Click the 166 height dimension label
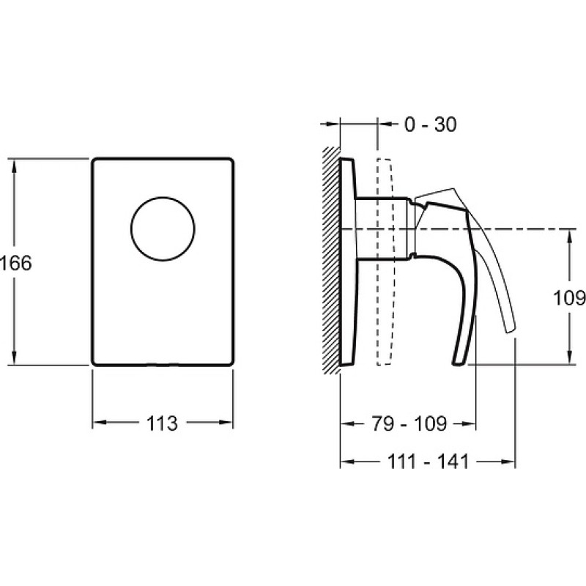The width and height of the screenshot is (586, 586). point(16,263)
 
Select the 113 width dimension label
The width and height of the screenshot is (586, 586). point(162,423)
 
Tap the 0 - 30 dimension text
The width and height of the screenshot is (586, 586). point(430,124)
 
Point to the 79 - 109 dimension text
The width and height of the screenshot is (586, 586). point(409,423)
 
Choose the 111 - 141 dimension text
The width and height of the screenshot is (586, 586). point(428,461)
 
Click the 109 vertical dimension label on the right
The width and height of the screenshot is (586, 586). point(569,298)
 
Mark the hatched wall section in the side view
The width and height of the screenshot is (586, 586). point(332,260)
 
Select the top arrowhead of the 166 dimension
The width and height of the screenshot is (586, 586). point(14,166)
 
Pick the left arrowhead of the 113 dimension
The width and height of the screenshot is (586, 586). point(100,423)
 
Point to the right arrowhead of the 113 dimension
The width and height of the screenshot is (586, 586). point(226,423)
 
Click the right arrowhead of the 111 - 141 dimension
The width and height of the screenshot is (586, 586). point(508,461)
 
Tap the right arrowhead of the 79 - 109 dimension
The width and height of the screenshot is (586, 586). point(469,423)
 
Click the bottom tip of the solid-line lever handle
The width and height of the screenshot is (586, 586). point(460,363)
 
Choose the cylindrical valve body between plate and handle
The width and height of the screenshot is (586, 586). point(385,228)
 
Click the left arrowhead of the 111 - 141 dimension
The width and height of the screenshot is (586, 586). point(347,461)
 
